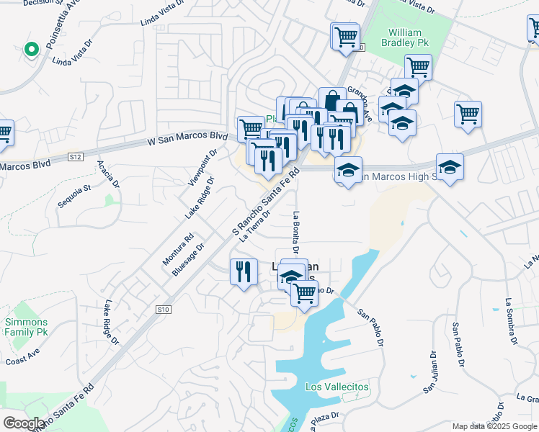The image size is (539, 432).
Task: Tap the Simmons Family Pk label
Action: point(26,327)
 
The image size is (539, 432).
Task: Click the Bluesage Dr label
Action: point(188,259)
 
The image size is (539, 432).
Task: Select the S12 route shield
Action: point(76,156)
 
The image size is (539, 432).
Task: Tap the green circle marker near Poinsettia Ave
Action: point(31,50)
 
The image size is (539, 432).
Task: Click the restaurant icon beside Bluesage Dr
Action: point(243,272)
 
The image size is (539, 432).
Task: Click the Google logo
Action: point(24,423)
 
